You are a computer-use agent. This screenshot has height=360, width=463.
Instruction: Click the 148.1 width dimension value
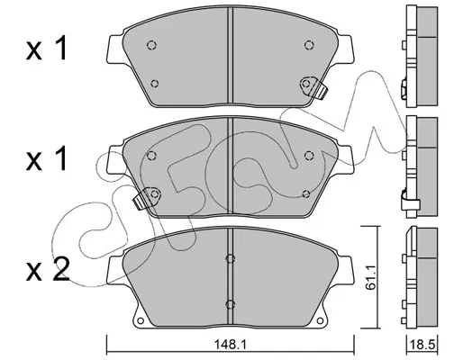point(230,346)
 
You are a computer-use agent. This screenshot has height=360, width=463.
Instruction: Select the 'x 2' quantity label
point(48,270)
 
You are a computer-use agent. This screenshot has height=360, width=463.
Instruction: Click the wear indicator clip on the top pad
point(322,90)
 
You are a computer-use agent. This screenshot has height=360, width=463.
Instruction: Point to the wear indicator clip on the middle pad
point(141,201)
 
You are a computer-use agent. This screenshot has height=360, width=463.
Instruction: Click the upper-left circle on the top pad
point(151,45)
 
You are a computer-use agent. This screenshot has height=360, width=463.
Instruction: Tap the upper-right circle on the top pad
point(309,45)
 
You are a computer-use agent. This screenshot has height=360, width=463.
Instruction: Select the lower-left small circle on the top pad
point(155,84)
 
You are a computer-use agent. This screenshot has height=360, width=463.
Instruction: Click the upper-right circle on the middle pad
point(309,156)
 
